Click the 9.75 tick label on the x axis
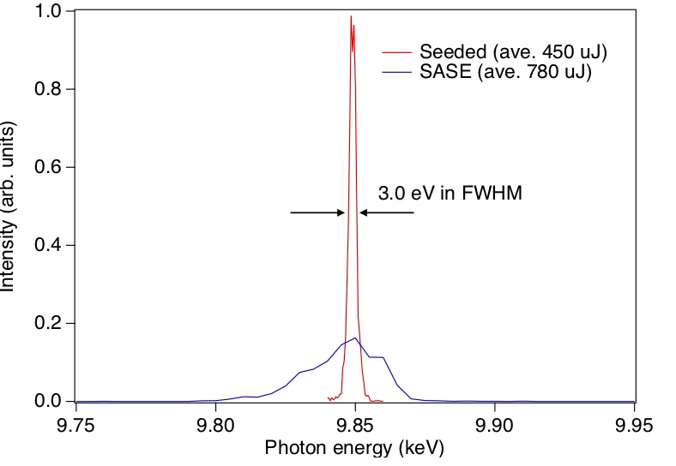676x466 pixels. tap(75, 426)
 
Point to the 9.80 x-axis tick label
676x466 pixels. tap(215, 426)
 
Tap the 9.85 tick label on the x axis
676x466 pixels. tap(355, 426)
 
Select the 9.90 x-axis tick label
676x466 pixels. tap(494, 426)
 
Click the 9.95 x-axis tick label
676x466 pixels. tap(634, 426)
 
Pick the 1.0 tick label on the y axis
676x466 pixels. tap(48, 11)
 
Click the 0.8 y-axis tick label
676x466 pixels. tap(48, 89)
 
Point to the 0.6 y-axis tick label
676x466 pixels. tap(48, 167)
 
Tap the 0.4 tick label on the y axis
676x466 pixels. tap(48, 245)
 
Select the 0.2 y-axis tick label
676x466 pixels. tap(48, 323)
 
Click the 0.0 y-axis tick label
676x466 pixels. tap(48, 401)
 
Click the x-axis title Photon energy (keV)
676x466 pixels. tap(354, 449)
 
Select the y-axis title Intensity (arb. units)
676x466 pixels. tap(8, 206)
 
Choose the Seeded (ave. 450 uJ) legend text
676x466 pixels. tap(513, 52)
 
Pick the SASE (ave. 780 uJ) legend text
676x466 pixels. tap(505, 71)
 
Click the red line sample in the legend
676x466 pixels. tap(397, 52)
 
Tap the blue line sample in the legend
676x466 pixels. tap(397, 72)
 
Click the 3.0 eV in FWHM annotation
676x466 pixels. tap(450, 193)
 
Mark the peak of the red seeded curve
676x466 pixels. tap(351, 16)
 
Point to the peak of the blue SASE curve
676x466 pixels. tap(355, 338)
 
